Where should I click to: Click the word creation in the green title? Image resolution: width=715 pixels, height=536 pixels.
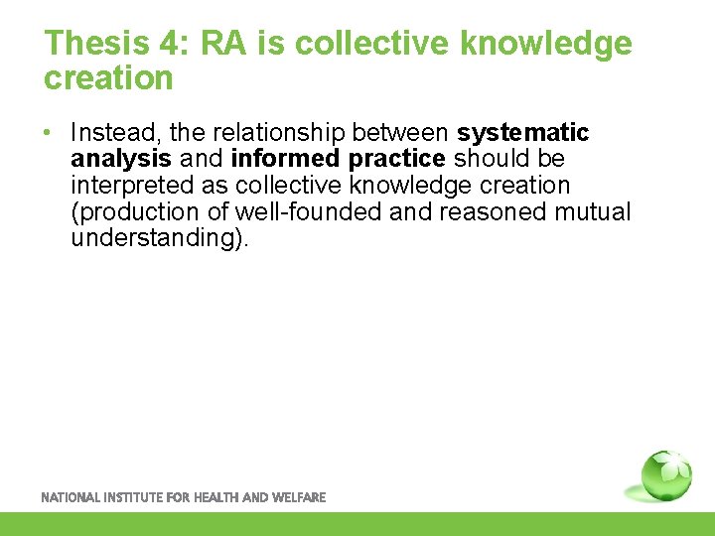pyautogui.click(x=108, y=77)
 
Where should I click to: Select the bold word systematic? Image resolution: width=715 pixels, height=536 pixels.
pyautogui.click(x=522, y=133)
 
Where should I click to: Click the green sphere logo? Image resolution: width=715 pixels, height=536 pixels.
pyautogui.click(x=664, y=474)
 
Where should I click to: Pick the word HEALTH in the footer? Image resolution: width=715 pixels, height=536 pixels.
pyautogui.click(x=214, y=497)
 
